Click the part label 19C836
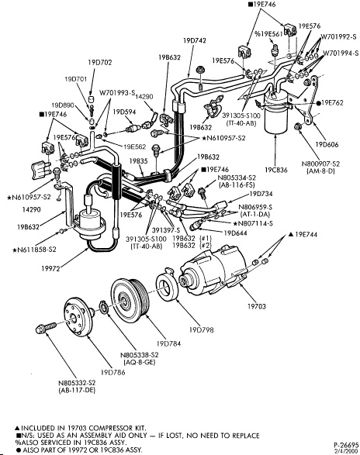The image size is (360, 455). point(275,170)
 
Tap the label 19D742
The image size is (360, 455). point(195,40)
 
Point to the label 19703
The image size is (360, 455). point(256,306)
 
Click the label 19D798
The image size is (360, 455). point(201,330)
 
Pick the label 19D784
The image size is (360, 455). point(168,343)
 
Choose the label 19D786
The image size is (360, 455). point(112,372)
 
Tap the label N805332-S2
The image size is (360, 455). point(77,383)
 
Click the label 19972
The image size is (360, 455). point(50,268)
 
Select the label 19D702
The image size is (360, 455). point(100,62)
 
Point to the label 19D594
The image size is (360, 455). point(124,112)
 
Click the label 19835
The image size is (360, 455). point(138,161)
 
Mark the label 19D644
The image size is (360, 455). point(235,233)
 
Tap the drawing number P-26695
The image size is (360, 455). point(346,445)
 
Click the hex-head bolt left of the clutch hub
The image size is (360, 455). point(46,328)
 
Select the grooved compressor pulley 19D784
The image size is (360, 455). point(130,299)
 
